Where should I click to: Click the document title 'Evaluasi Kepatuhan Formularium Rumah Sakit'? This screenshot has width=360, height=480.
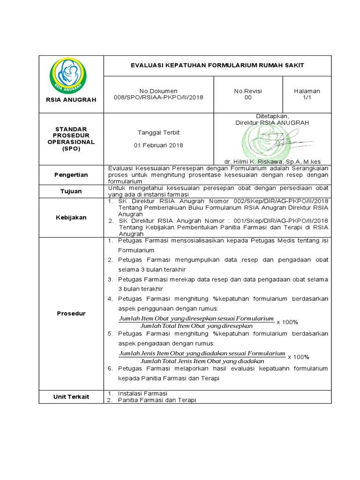217,66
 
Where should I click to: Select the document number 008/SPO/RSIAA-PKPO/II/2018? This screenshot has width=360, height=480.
158,97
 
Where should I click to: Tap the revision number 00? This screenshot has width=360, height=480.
248,97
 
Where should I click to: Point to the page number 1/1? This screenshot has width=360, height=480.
307,97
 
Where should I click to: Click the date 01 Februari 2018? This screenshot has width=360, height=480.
158,145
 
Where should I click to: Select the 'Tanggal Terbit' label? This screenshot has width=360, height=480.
158,132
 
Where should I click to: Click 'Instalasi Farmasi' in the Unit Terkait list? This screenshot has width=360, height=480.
142,393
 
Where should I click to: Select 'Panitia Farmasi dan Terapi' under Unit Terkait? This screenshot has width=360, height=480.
157,400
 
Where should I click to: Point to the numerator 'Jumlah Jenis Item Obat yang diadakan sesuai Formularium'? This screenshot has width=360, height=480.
202,353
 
